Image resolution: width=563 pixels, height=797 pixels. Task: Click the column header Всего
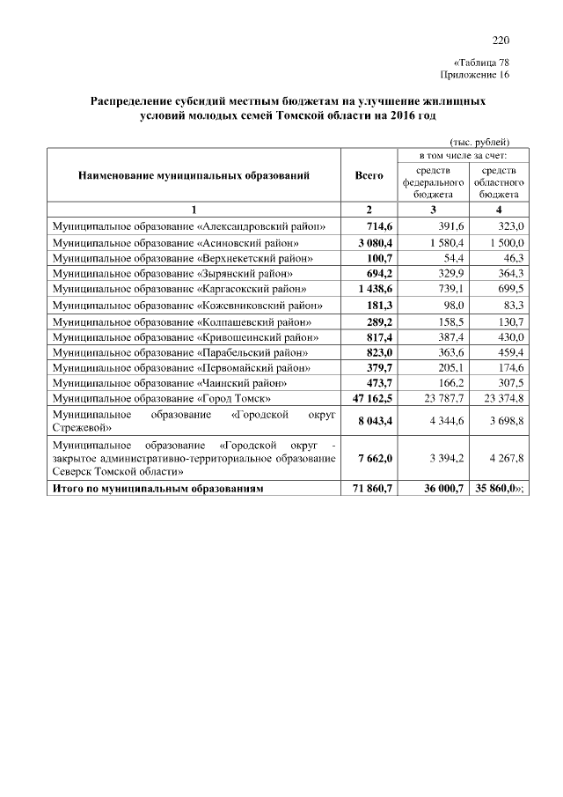[369, 176]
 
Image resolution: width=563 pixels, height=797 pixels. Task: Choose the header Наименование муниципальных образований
[194, 176]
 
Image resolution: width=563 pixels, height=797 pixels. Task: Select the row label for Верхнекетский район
[182, 258]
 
